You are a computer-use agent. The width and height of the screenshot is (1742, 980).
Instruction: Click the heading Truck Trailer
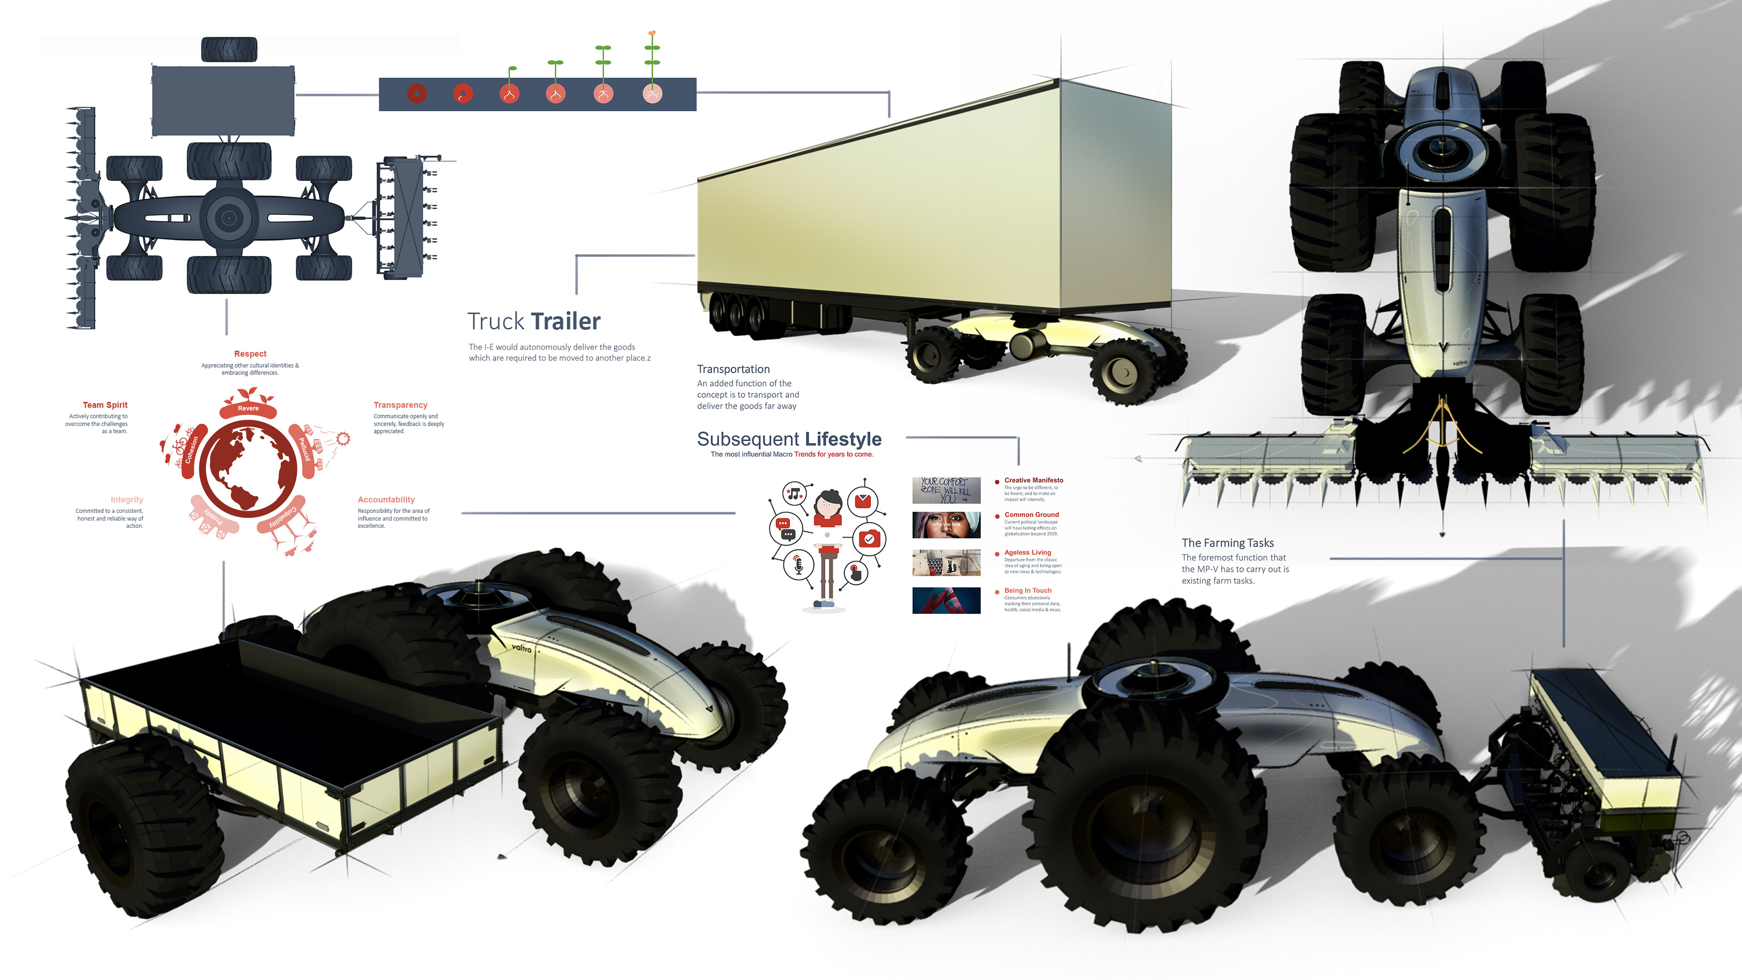(x=533, y=322)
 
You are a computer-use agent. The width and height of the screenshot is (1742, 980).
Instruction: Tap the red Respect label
(x=250, y=353)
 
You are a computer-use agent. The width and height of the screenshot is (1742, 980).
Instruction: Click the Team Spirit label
(x=105, y=405)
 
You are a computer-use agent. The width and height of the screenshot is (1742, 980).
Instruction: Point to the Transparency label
(x=400, y=405)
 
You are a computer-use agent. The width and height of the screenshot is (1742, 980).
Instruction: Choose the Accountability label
(x=386, y=499)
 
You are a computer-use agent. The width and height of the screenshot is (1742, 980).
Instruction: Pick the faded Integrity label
(x=127, y=499)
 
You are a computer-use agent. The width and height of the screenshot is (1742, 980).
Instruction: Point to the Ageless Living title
(x=1027, y=553)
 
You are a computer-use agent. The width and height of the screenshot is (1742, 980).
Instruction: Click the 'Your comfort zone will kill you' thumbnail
(x=946, y=490)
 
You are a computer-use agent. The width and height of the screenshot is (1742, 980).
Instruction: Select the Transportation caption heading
(x=733, y=369)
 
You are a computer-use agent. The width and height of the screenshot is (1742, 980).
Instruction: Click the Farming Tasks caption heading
(x=1228, y=543)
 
